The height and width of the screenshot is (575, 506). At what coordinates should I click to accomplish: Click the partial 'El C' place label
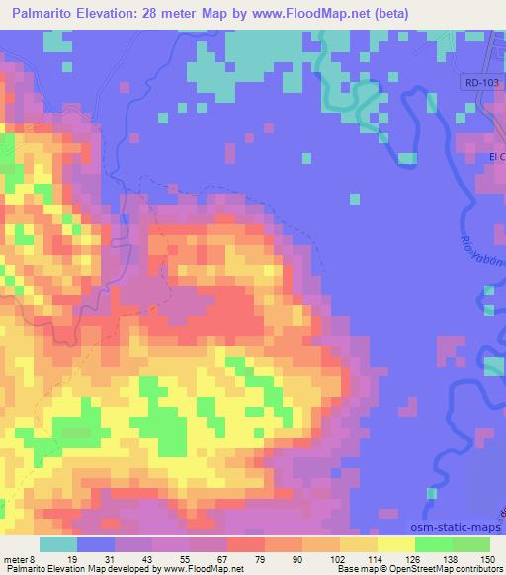click(x=496, y=157)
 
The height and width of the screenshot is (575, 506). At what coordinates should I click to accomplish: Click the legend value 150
click(x=489, y=558)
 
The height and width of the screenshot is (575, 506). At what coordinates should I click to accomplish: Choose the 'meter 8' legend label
click(x=19, y=558)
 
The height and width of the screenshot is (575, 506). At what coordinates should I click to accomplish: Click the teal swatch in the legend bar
click(x=58, y=544)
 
